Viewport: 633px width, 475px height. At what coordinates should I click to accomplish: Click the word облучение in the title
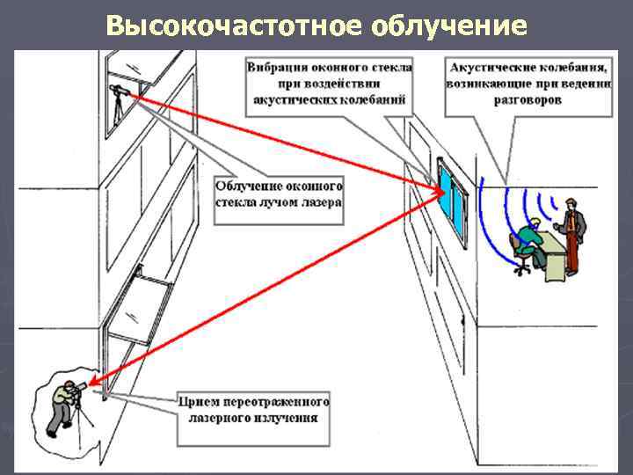[x=449, y=26]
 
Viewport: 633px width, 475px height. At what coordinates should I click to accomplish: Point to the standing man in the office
[x=572, y=234]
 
